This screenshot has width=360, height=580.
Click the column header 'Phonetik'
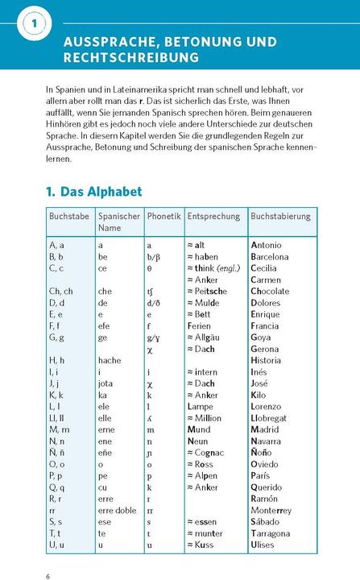point(163,217)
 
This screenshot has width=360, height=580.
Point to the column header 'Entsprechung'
point(213,217)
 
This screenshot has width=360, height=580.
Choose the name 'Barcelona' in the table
point(275,257)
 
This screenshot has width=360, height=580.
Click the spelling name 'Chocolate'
point(275,291)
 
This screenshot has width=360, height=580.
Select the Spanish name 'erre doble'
point(118,511)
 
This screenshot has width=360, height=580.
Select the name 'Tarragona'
point(275,533)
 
